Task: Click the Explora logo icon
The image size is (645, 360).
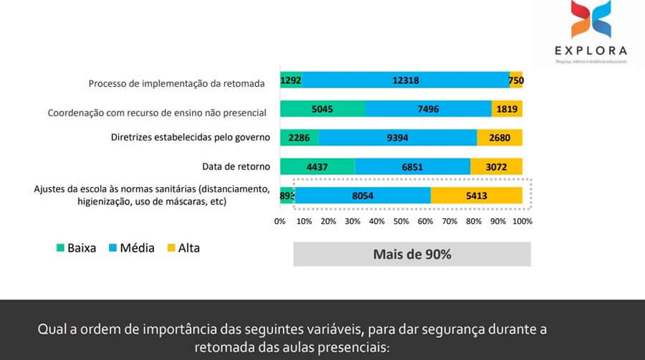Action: (x=591, y=20)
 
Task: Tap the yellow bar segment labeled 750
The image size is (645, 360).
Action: (x=516, y=81)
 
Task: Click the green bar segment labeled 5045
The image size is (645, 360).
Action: (x=322, y=109)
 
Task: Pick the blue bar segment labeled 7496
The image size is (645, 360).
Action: (x=428, y=109)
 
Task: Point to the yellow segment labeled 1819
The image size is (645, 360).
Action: (x=507, y=109)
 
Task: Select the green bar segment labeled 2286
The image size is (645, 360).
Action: (x=299, y=138)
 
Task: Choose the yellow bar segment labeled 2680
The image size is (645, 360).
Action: (x=500, y=138)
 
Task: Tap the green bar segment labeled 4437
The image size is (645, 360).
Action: (x=317, y=166)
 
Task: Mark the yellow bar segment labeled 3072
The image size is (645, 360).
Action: (x=496, y=166)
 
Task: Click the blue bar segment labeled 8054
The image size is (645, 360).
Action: (x=363, y=195)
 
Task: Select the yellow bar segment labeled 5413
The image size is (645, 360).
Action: (x=477, y=195)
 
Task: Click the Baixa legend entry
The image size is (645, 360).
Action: (x=76, y=248)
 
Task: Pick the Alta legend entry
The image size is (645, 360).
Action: (x=183, y=248)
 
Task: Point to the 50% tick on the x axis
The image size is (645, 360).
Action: (x=401, y=221)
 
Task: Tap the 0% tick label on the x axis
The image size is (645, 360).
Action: (x=280, y=221)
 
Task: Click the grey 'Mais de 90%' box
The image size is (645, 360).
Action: (x=412, y=254)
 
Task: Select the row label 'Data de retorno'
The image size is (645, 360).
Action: (x=236, y=166)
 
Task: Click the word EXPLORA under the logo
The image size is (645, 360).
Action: (x=591, y=50)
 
